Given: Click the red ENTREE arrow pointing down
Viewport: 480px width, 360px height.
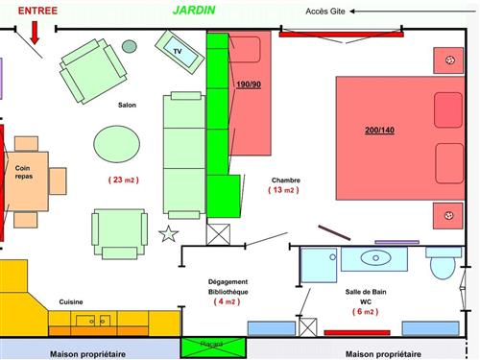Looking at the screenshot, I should [x=36, y=31].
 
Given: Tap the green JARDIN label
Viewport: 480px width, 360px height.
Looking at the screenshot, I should [x=194, y=11].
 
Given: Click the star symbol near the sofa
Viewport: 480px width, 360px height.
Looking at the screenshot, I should [x=169, y=233].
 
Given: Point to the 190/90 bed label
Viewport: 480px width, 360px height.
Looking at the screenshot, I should [x=248, y=85].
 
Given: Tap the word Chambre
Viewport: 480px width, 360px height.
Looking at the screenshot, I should [x=286, y=180].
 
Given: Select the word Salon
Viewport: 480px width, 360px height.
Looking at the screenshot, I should [x=128, y=105].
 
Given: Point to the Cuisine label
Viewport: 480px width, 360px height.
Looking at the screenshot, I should [x=71, y=301].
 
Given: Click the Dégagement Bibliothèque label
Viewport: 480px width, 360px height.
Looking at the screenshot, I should [x=228, y=286].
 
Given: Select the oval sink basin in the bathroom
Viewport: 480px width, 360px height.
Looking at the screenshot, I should [x=375, y=257].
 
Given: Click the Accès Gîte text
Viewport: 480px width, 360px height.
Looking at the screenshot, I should [x=324, y=12].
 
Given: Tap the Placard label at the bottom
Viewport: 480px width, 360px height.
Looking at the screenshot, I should [x=211, y=344].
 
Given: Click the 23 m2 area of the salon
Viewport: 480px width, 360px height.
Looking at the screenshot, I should [x=124, y=180].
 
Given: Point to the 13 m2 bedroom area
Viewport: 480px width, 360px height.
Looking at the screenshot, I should [x=284, y=190].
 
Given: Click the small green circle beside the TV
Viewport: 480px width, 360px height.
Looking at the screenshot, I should [x=130, y=45].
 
